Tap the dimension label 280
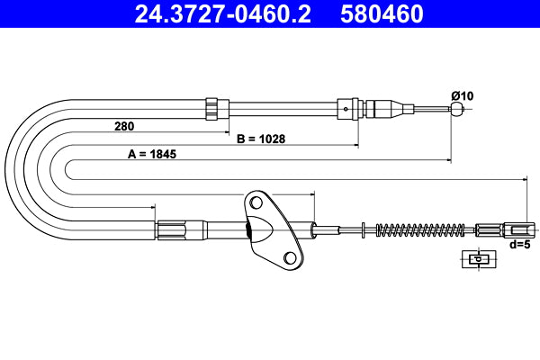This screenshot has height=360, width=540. pos(126,126)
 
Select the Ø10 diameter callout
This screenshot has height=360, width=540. pos(462,96)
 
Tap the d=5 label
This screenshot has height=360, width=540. pos(520,243)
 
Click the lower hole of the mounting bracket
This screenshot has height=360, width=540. pos(290,258)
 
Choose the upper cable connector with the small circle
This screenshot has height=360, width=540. pos(347,109)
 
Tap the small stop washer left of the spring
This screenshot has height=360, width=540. pos(362,229)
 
